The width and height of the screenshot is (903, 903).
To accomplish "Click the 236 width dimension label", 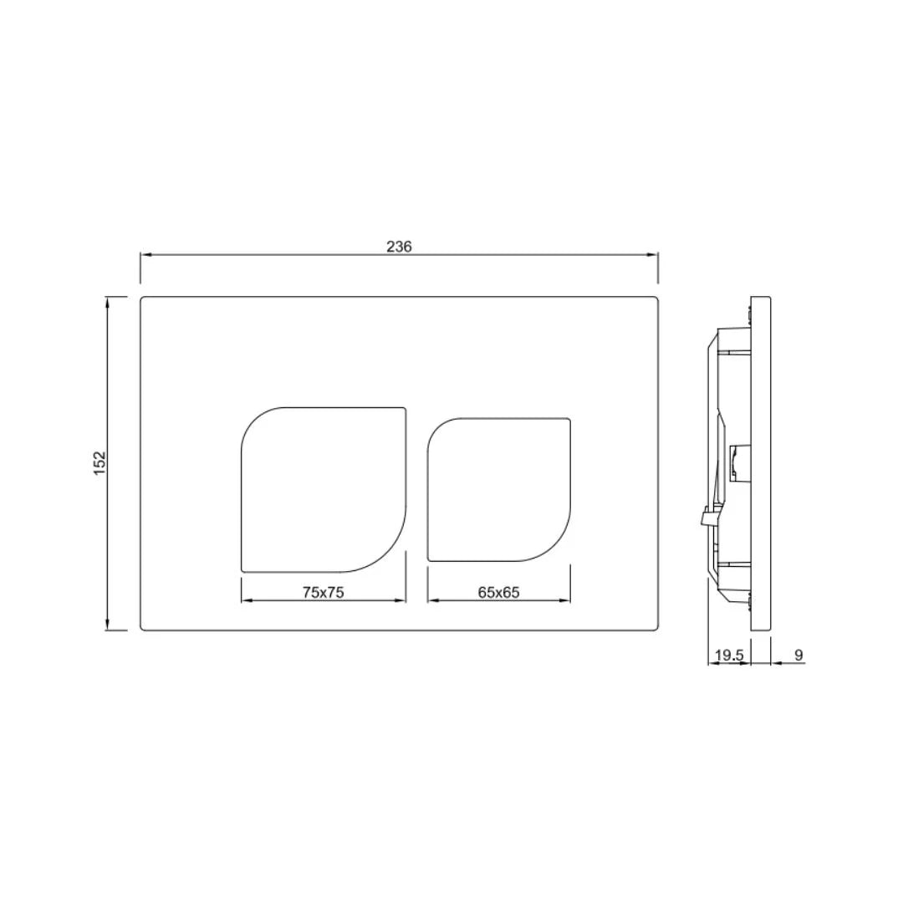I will [399, 247].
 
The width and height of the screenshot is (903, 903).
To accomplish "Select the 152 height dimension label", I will [100, 462].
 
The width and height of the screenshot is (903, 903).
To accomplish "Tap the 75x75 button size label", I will [324, 592].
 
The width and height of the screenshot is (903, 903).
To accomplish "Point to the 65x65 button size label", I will [499, 592].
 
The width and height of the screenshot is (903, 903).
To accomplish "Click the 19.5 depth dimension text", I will [728, 656].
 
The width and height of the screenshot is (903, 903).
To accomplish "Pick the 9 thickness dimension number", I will [798, 656].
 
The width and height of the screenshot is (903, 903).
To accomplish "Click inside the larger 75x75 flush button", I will [324, 489].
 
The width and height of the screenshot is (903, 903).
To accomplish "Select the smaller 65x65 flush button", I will [499, 489].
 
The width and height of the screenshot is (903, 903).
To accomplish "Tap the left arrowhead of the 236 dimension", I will [145, 255].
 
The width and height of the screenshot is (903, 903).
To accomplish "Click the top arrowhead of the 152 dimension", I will [108, 302].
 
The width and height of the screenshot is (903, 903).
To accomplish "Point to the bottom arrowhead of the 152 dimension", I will [108, 625].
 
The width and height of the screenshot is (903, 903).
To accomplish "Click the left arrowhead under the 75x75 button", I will [246, 600].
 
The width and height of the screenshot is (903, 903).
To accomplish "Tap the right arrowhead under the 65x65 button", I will [566, 600].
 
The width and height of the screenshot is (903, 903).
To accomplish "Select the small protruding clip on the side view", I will [705, 518].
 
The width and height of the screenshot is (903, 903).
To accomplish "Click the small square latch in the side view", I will [739, 461].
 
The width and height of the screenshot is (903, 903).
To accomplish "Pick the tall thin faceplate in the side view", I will [760, 462].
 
